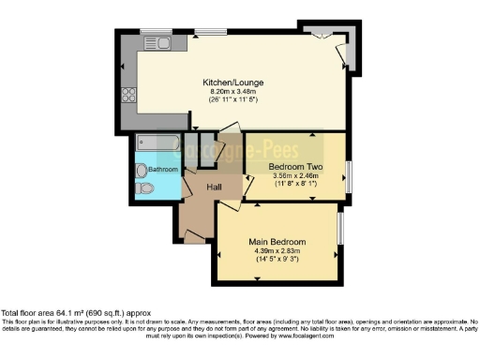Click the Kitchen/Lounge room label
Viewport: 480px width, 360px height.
tap(232, 82)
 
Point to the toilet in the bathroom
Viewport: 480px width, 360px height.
tap(143, 188)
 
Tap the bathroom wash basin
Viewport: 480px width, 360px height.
tap(140, 170)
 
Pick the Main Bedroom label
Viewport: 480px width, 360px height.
tap(277, 242)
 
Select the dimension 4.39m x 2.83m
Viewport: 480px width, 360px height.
tap(277, 250)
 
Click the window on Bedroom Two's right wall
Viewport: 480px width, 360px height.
tap(348, 176)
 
